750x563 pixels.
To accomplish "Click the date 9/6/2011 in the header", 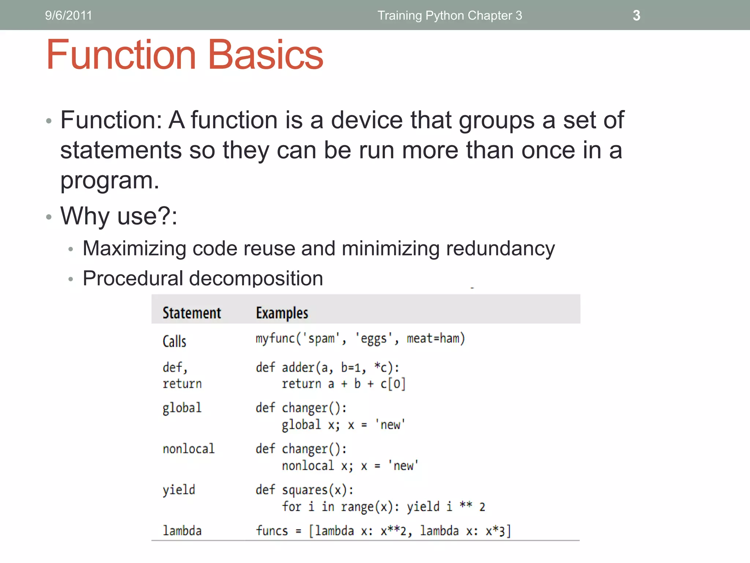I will tap(68, 15).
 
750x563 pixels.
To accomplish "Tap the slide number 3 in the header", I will tap(636, 15).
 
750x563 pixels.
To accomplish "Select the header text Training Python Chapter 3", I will tap(450, 15).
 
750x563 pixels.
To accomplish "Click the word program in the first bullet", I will tap(106, 180).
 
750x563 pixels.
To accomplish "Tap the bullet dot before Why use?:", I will tap(49, 217).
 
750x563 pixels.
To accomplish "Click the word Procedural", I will tap(133, 278).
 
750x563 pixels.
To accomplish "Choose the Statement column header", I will tap(192, 313).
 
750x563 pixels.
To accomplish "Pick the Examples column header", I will tap(282, 313).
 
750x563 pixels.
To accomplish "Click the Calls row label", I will tap(174, 341).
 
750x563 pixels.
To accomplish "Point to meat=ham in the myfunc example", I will tap(435, 338).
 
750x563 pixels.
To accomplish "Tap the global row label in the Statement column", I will tap(182, 408).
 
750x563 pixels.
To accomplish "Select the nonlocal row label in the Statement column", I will tap(189, 449).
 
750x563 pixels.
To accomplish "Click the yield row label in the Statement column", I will tap(179, 490).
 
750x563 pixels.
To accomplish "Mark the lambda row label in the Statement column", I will tap(182, 530).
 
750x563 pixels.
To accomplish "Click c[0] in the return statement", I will tap(393, 384).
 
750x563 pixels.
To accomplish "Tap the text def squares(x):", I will tap(304, 490).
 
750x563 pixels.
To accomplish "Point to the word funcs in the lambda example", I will tap(272, 530).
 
